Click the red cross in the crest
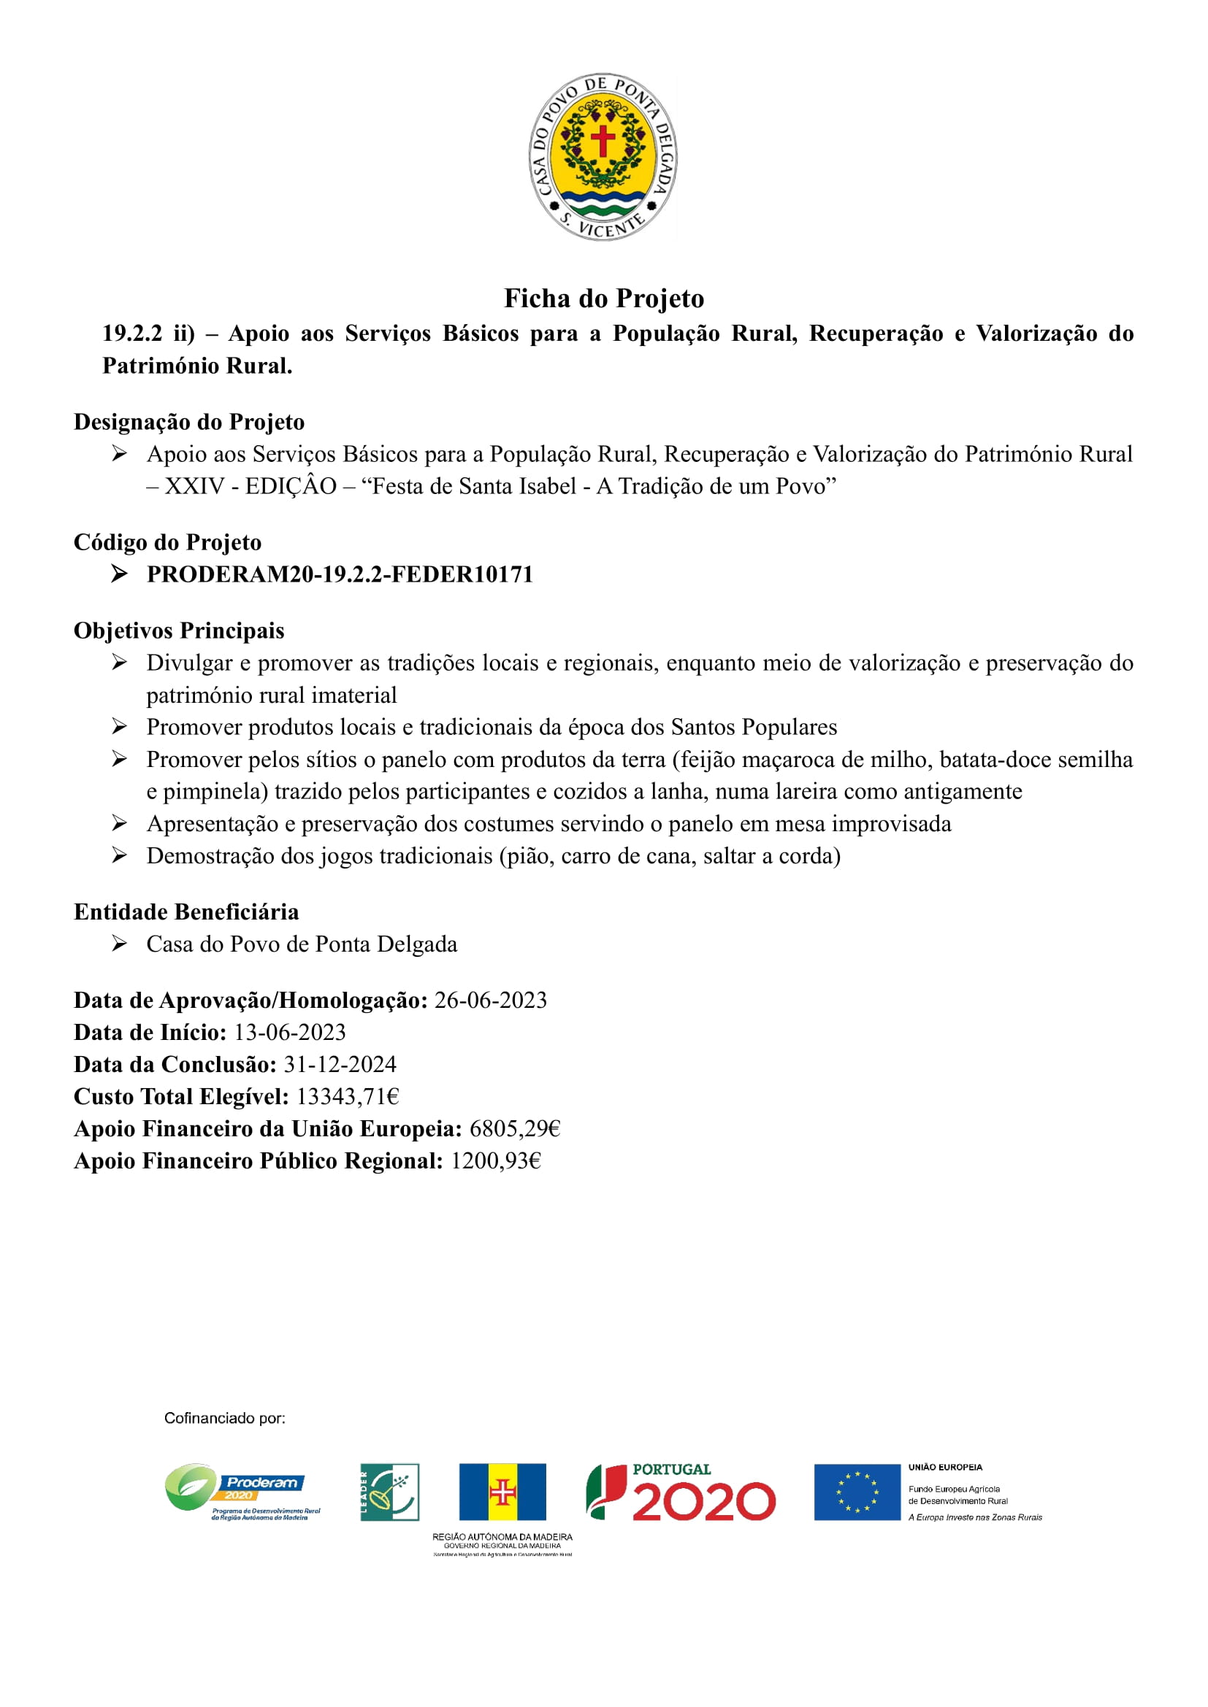coord(603,140)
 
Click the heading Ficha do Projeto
coord(604,299)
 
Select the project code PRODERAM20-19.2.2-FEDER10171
coord(340,574)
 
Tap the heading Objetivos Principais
coord(178,631)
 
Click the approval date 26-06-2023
coord(490,1001)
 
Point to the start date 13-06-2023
coord(289,1033)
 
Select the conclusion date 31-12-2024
coord(339,1065)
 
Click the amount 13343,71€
coord(348,1097)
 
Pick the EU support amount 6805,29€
coord(514,1128)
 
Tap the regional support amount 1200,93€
coord(495,1160)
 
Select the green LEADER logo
coord(390,1492)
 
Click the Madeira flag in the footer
coord(502,1492)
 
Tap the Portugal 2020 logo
coord(681,1492)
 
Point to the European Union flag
coord(857,1492)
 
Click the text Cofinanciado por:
coord(225,1419)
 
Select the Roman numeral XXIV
coord(195,486)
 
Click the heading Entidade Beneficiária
coord(186,912)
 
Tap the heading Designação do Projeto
coord(189,423)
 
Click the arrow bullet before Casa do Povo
coord(119,944)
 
